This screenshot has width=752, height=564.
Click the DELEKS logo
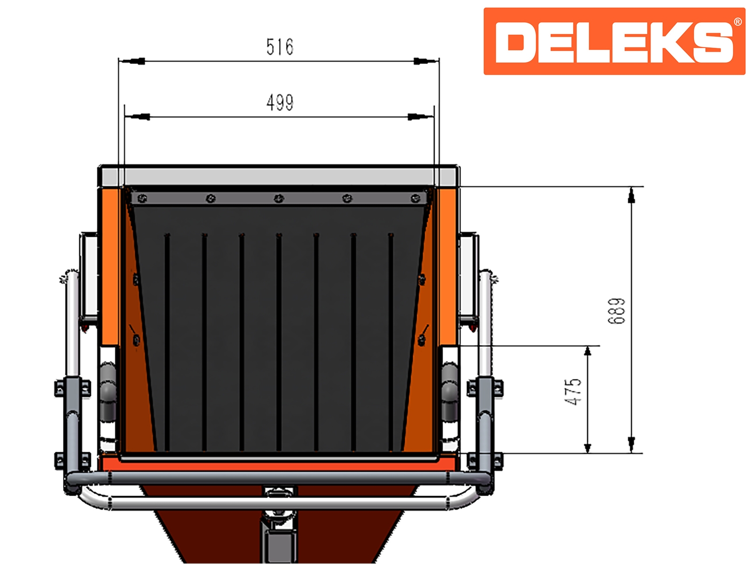[x=614, y=41]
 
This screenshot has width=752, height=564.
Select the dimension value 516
[x=280, y=47]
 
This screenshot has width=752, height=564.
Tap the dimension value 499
[x=280, y=102]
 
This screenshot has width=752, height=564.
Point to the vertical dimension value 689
[x=616, y=311]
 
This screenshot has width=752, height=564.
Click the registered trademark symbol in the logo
[x=737, y=22]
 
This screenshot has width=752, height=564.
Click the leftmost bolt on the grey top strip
[x=142, y=198]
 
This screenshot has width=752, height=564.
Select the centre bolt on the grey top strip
[x=279, y=198]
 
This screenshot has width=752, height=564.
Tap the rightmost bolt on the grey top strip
[x=415, y=198]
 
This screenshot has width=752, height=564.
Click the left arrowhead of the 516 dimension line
[x=132, y=61]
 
